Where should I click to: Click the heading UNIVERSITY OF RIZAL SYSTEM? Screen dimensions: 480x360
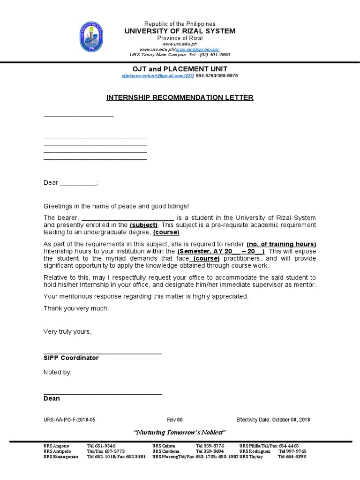(x=180, y=31)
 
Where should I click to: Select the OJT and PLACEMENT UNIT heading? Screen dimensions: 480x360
(x=180, y=68)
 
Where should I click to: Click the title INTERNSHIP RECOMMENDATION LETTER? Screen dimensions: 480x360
(x=180, y=97)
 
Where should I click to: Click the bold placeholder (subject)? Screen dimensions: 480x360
(x=143, y=225)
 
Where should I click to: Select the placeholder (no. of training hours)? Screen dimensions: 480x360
(x=281, y=244)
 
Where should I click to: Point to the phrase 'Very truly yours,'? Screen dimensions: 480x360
(x=67, y=331)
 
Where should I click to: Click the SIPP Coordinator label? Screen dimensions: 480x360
(x=71, y=358)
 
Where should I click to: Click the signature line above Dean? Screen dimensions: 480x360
(x=103, y=393)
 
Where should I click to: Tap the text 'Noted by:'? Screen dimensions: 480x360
(x=58, y=372)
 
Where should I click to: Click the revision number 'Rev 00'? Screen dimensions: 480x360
(x=175, y=420)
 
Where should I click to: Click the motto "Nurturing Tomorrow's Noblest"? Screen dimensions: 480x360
(x=180, y=432)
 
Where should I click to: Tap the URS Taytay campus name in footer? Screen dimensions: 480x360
(x=252, y=457)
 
